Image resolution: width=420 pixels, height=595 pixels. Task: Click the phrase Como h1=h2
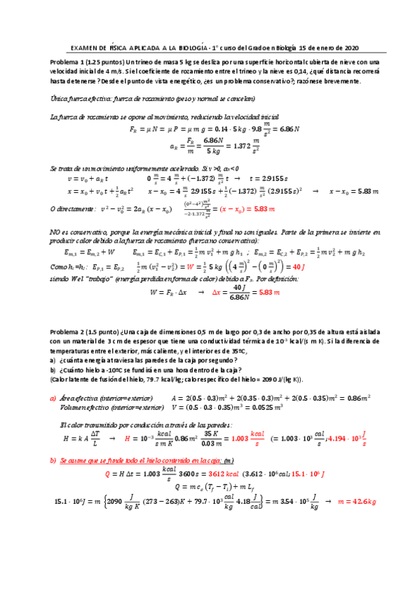pyautogui.click(x=67, y=267)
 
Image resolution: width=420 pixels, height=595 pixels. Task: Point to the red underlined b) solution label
pyautogui.click(x=53, y=460)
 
